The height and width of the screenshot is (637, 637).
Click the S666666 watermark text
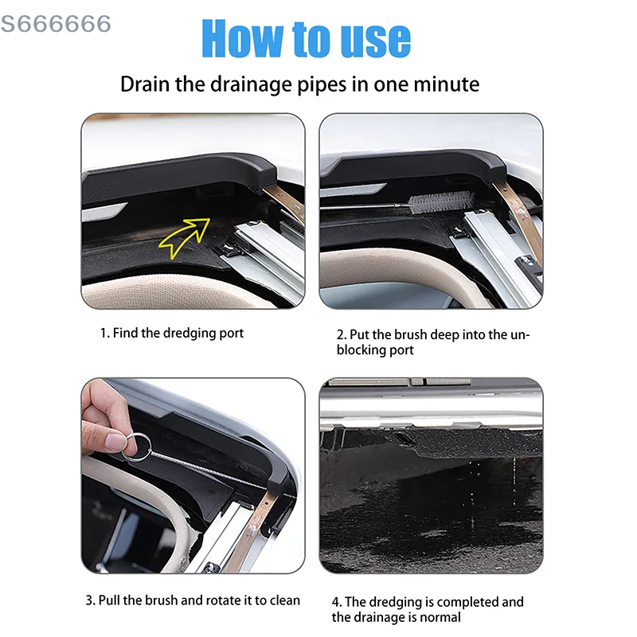[x=56, y=24]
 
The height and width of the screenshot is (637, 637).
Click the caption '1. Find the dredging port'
[x=171, y=333]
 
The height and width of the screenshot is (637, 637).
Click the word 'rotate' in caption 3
[x=218, y=600]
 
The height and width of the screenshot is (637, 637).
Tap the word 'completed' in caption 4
[x=471, y=602]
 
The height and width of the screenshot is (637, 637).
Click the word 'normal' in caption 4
[x=440, y=617]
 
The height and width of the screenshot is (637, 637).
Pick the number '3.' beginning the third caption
[x=91, y=600]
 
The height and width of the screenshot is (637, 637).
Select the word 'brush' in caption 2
[x=404, y=334]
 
